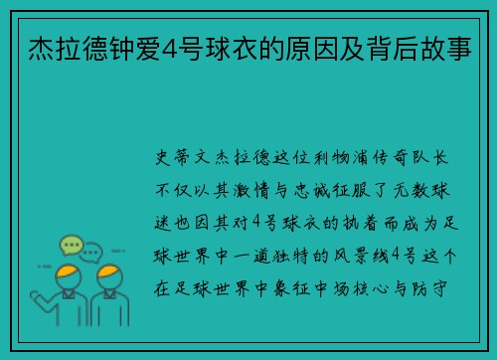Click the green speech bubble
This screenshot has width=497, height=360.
[71, 244]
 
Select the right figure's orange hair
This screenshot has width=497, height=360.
[109, 270]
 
